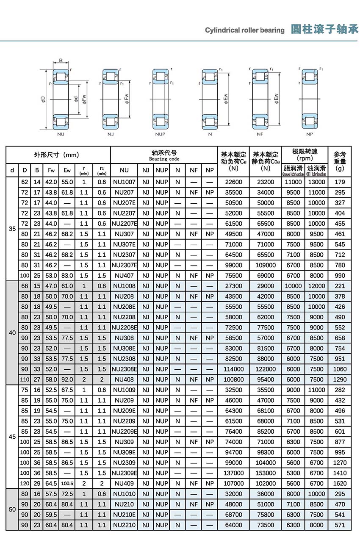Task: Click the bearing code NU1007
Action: point(124,182)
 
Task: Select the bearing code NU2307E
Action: point(124,265)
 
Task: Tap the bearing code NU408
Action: point(124,379)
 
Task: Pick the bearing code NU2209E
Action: point(124,432)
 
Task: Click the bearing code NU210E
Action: point(124,515)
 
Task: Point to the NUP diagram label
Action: point(160,134)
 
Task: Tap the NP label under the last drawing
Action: point(310,134)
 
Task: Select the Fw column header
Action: point(51,170)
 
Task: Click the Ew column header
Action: point(67,170)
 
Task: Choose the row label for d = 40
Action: point(12,333)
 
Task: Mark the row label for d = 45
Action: point(12,437)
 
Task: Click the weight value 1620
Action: point(340,483)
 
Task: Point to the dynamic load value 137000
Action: point(233,473)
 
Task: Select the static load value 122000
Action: point(266,369)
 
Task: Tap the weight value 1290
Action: point(340,379)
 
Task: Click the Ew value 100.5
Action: point(67,483)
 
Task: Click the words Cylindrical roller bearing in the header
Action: point(245,30)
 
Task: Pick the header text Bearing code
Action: point(164,159)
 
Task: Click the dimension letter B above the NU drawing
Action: point(61,60)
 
